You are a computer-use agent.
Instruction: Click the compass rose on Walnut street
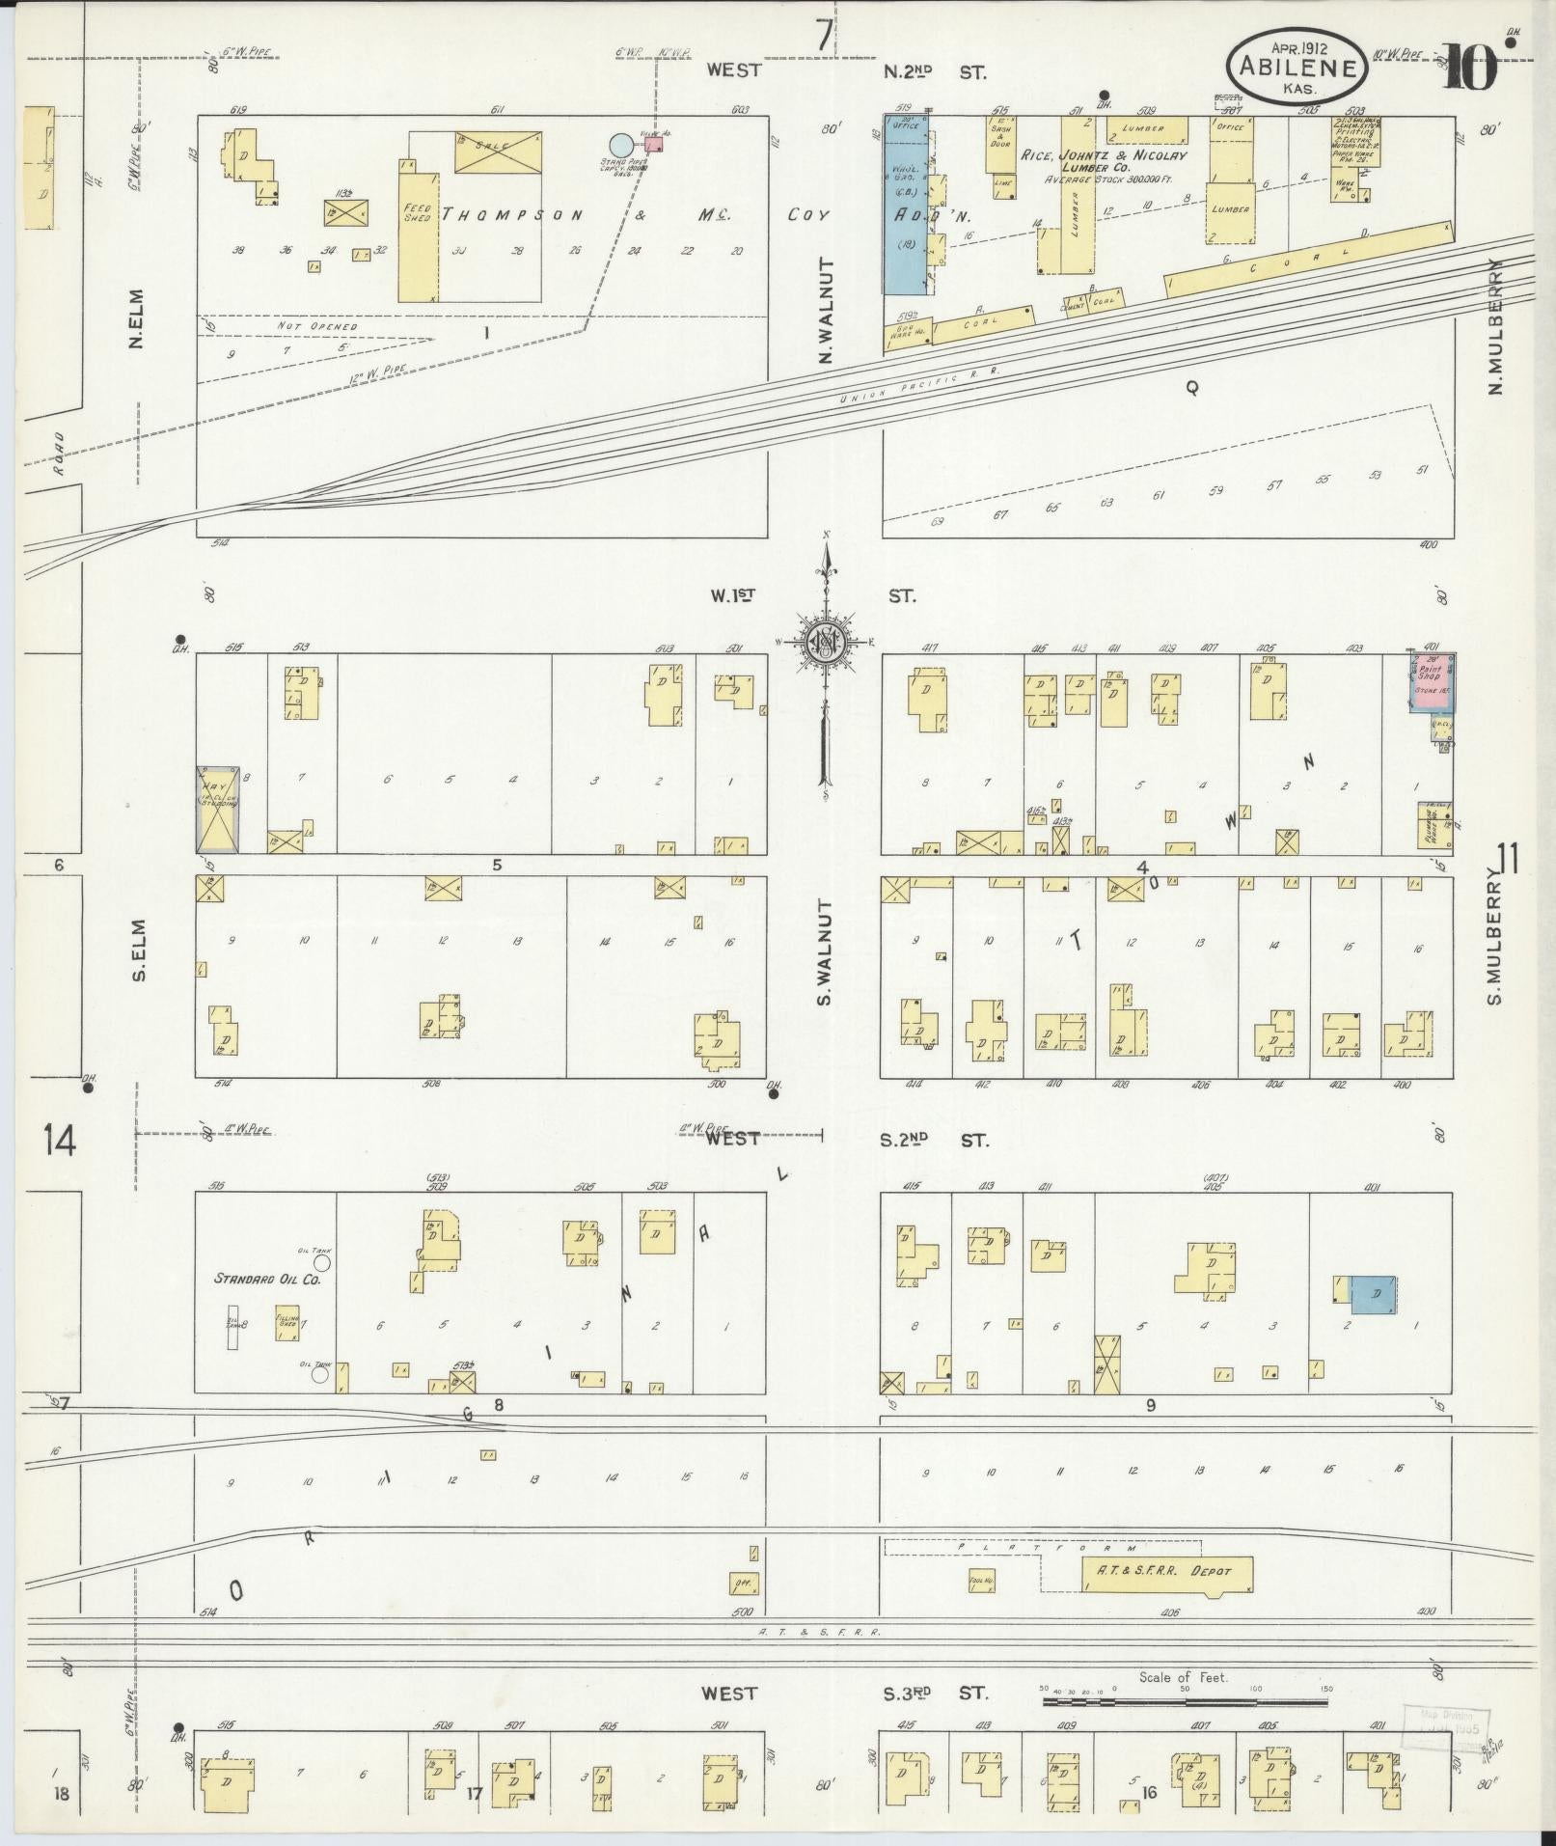click(827, 641)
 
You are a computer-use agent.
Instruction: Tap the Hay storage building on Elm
click(218, 810)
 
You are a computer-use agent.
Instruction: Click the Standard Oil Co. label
click(267, 1280)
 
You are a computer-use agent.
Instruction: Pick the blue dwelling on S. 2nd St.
click(1374, 1295)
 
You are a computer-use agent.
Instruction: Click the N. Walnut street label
click(827, 311)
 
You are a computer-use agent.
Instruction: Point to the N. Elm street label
click(136, 319)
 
